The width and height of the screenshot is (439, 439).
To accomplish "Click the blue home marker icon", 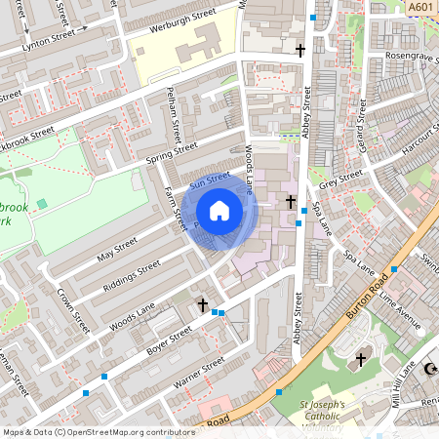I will tap(219, 210).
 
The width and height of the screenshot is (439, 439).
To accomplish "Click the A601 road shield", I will tap(420, 8).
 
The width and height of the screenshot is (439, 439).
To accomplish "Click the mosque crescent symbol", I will tap(430, 368).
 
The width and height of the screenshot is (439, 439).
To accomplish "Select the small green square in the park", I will tap(41, 203).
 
